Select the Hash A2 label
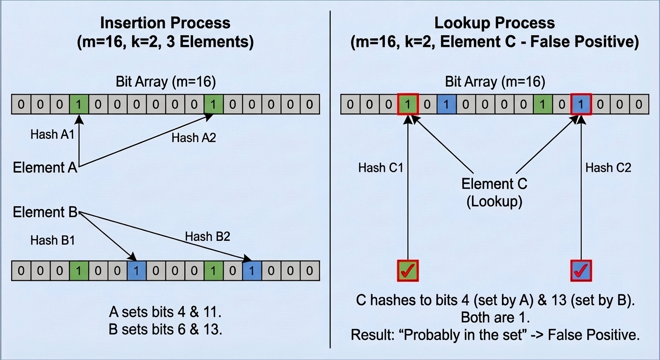coord(193,138)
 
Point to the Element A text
coord(45,167)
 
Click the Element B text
coord(45,212)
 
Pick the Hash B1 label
coord(52,240)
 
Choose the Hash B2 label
coord(207,236)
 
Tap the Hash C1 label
coord(381,168)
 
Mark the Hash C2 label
coord(608,168)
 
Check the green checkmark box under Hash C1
coord(408,270)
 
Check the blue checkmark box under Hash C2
coord(581,270)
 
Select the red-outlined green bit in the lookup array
coord(408,104)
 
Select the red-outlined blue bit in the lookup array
coord(581,104)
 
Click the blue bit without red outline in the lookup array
coord(446,104)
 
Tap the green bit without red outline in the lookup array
coord(542,104)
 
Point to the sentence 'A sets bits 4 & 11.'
coord(165,311)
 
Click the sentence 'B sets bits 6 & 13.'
coord(165,329)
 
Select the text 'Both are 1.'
coord(495,317)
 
